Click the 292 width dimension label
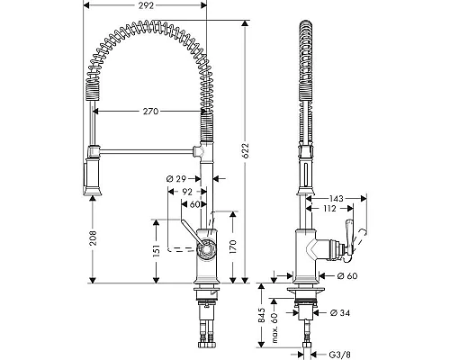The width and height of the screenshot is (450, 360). (146, 5)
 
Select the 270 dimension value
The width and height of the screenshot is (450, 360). (150, 112)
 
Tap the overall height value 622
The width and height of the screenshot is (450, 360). (246, 150)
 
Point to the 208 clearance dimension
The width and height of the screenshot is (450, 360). (94, 238)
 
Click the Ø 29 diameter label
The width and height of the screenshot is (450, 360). (176, 179)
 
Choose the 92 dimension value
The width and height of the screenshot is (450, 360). (187, 192)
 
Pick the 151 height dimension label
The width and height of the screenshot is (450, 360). (157, 249)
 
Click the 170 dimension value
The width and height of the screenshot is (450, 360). (234, 247)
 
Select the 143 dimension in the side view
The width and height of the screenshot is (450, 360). (337, 199)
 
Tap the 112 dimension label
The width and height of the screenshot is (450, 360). (330, 208)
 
